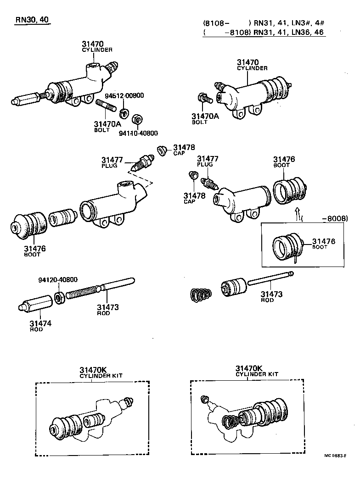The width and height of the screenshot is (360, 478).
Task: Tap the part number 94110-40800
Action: pos(138,133)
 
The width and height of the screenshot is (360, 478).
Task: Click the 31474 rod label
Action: pos(41,326)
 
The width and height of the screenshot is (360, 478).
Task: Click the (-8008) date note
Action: pos(329,219)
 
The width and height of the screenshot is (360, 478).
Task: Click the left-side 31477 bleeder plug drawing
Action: pos(141,164)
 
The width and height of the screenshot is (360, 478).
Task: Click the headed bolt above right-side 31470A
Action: pos(202,98)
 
